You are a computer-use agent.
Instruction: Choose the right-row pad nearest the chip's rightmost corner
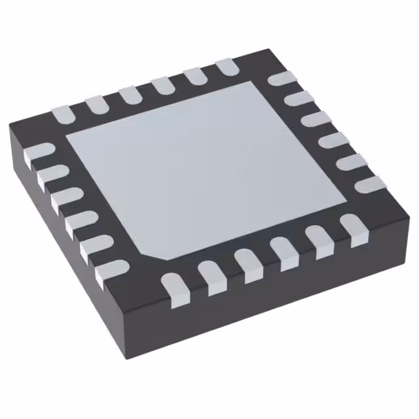pos(371,184)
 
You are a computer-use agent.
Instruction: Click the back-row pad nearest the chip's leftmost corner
pos(64,113)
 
